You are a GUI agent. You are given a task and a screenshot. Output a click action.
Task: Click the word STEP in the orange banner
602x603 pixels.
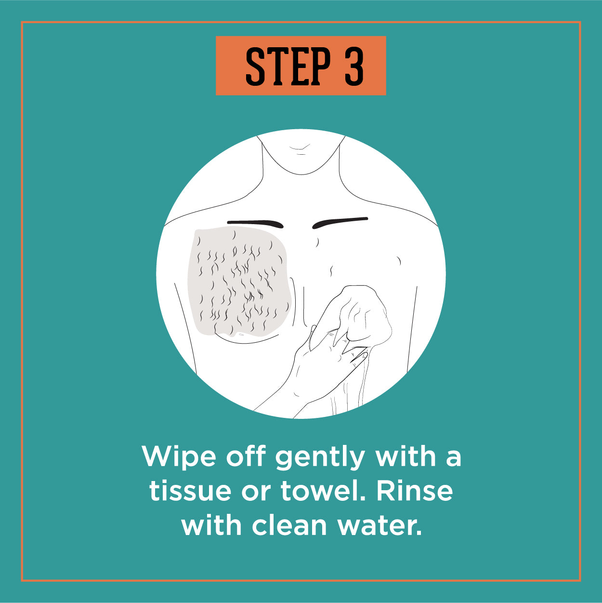click(288, 66)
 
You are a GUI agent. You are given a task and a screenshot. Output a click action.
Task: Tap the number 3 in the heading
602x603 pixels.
click(354, 66)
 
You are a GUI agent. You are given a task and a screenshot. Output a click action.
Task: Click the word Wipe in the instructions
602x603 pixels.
click(179, 456)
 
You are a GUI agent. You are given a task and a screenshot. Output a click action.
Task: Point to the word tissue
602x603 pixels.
click(190, 491)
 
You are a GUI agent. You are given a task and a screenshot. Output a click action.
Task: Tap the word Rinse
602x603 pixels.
click(415, 490)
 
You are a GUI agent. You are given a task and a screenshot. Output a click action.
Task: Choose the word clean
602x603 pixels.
click(289, 524)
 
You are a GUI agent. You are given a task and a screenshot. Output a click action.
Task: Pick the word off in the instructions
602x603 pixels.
click(246, 456)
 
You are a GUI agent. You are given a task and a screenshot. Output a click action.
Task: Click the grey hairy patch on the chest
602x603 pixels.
click(239, 281)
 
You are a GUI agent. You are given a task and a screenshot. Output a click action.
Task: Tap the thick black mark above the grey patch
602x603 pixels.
click(255, 223)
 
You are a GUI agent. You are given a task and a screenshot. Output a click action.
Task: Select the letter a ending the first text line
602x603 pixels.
click(454, 459)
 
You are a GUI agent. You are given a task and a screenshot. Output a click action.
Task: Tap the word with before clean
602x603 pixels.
click(211, 524)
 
